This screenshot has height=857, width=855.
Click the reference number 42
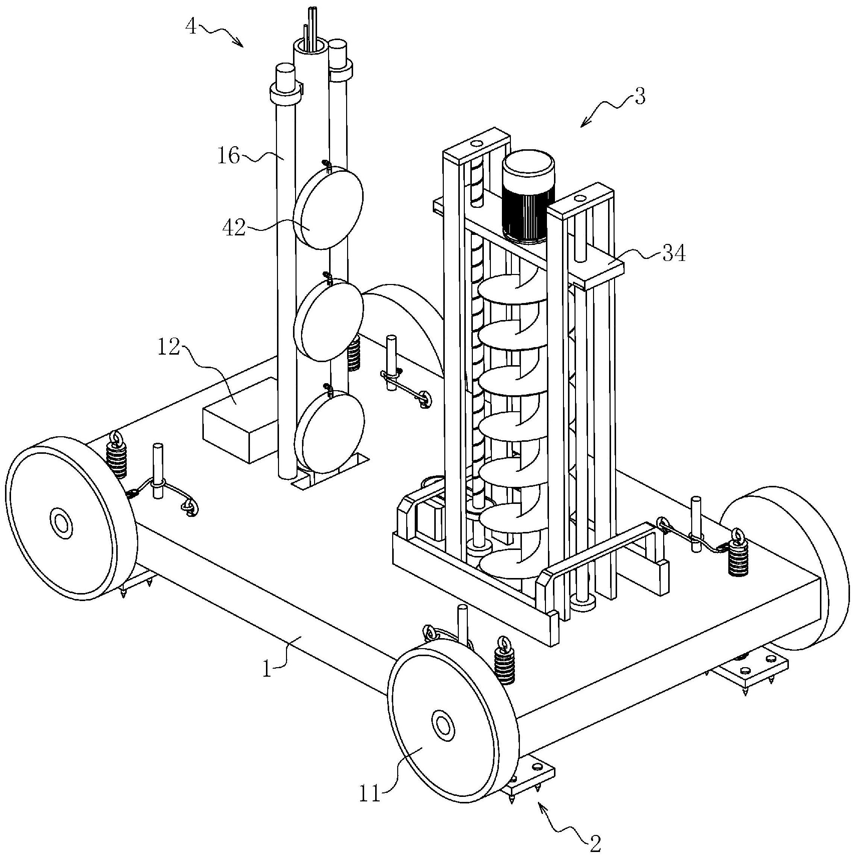[234, 228]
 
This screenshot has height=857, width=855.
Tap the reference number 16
[228, 156]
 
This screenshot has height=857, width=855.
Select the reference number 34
[674, 253]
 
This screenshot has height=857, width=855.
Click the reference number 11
[370, 794]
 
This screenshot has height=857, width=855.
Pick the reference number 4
[191, 26]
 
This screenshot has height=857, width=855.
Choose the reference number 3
[640, 96]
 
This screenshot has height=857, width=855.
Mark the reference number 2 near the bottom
[595, 844]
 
